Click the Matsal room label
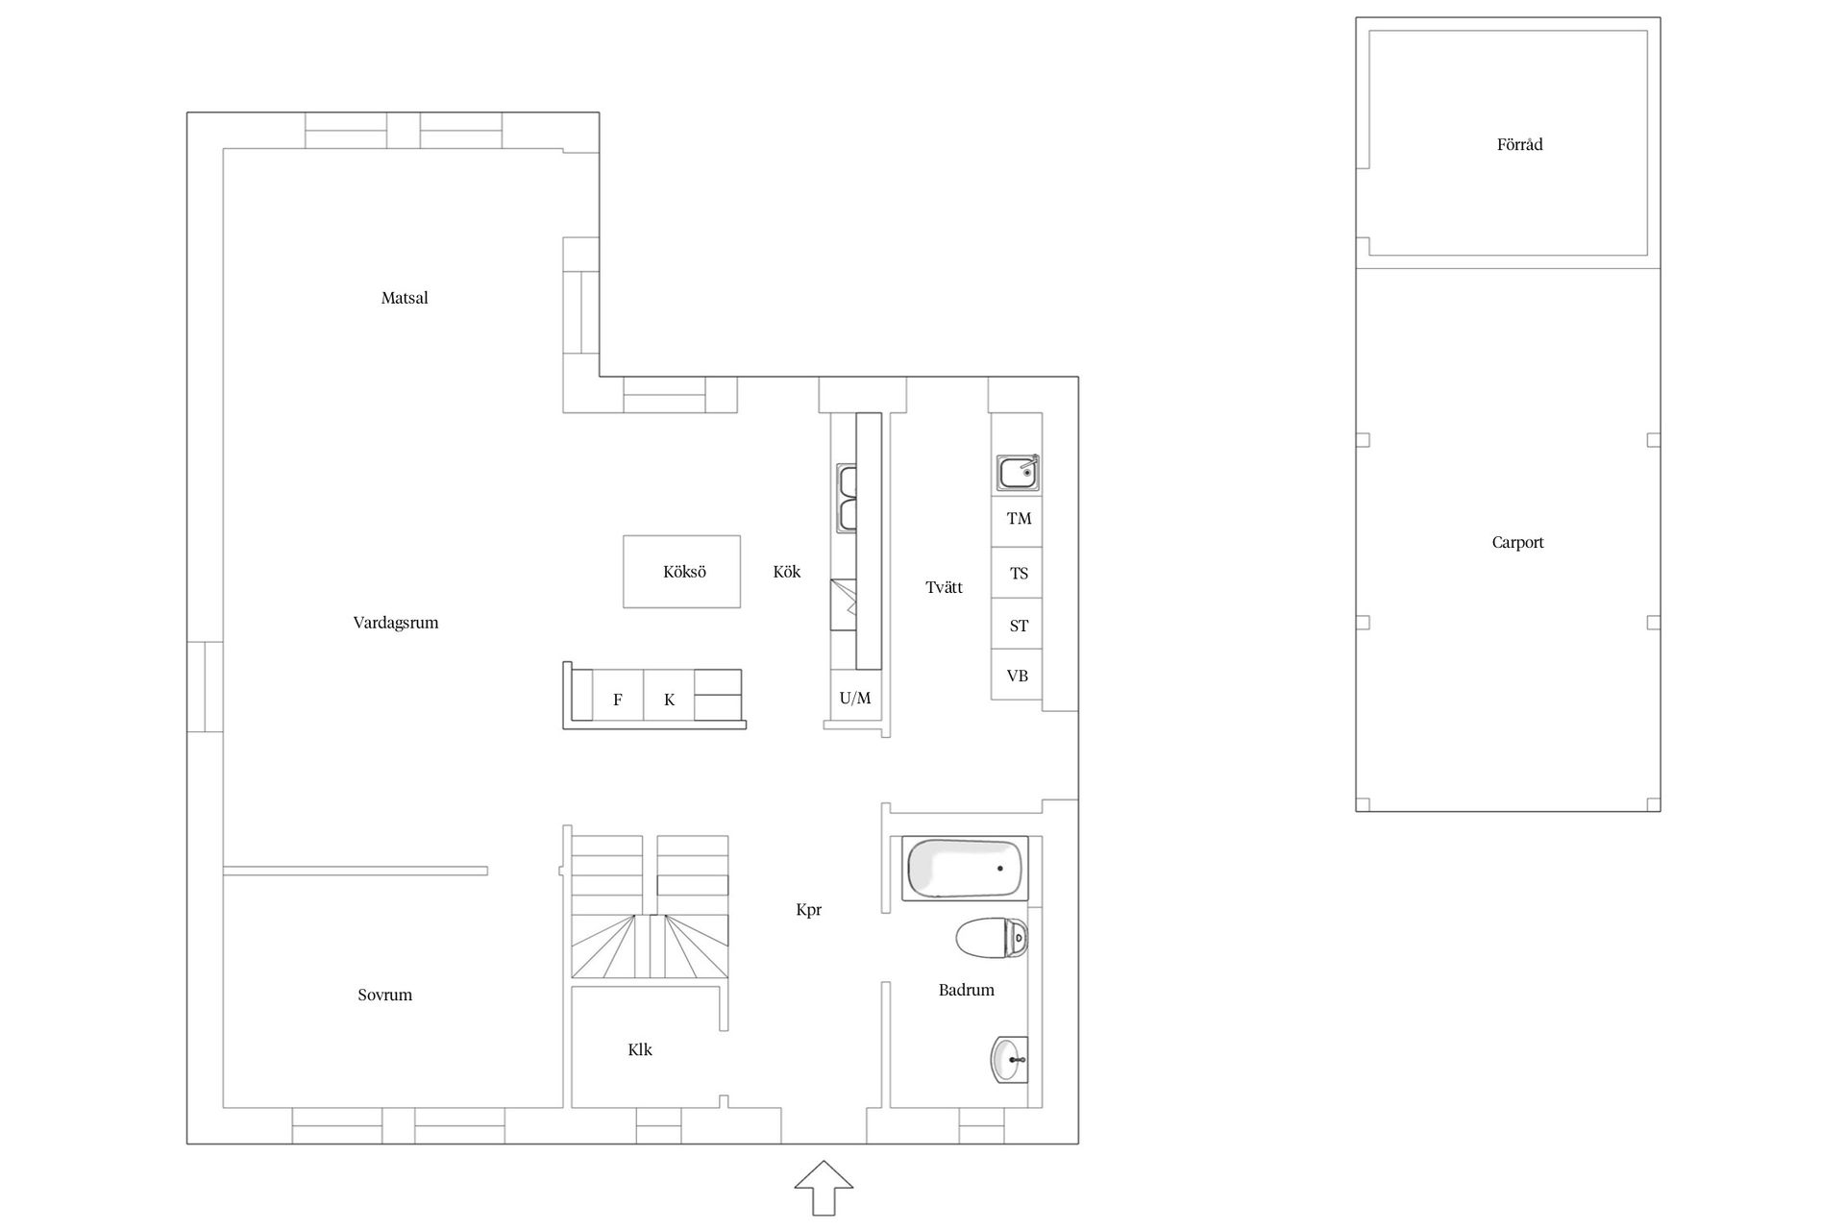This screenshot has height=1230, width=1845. point(405,298)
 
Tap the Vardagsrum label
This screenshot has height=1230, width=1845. point(396,623)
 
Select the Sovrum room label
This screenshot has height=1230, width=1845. point(385,995)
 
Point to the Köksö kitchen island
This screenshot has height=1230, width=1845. point(682,572)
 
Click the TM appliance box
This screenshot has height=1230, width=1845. point(1017,522)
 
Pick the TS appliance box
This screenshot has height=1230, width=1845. point(1017,574)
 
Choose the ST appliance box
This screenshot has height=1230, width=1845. point(1017,625)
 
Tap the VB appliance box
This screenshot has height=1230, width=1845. point(1017,675)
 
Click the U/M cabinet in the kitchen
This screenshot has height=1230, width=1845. point(855,697)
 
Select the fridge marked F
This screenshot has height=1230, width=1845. point(618,695)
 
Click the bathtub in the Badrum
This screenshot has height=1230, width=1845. point(965,869)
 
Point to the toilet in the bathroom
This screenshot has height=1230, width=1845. point(992,938)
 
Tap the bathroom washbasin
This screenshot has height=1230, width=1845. point(1009,1060)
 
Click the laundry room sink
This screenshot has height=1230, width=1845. point(1018,473)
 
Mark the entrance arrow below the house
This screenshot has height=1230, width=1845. point(824,1188)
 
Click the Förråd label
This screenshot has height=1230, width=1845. point(1520,145)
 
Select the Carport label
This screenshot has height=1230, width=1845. point(1518,543)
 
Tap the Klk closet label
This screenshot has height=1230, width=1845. point(640,1050)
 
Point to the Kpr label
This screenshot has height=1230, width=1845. point(809,910)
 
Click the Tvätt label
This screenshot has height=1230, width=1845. point(945,587)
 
